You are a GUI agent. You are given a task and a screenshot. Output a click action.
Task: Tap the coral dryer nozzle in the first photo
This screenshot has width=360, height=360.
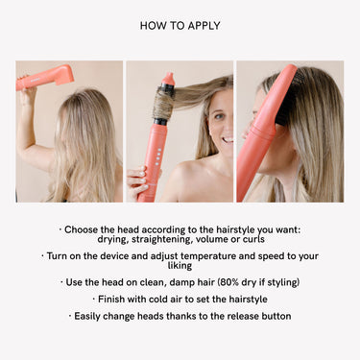[64, 75]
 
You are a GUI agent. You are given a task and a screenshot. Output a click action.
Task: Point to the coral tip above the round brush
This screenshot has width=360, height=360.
[169, 79]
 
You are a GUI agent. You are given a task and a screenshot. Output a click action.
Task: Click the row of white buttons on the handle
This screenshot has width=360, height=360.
[157, 156]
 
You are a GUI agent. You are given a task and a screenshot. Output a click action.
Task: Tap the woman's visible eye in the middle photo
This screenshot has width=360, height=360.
[219, 117]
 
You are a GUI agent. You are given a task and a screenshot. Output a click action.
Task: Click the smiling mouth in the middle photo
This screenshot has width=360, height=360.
[228, 140]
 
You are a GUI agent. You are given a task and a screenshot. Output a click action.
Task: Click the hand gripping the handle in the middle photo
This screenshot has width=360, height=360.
[137, 181]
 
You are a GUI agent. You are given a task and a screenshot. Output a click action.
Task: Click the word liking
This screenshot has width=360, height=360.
[180, 266]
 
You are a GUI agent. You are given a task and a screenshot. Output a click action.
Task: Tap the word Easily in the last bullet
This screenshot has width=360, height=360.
[87, 317]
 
